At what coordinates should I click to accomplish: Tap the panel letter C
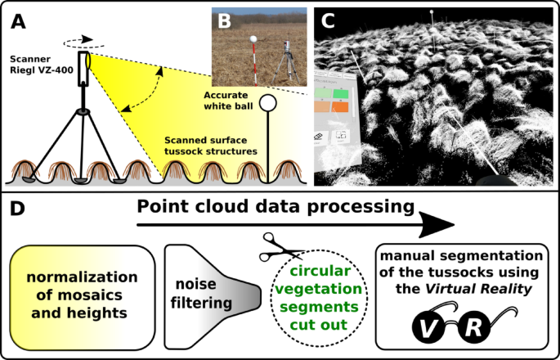click(x=329, y=21)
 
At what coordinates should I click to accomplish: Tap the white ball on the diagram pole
click(x=267, y=105)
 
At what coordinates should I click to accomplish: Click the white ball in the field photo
click(x=254, y=38)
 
